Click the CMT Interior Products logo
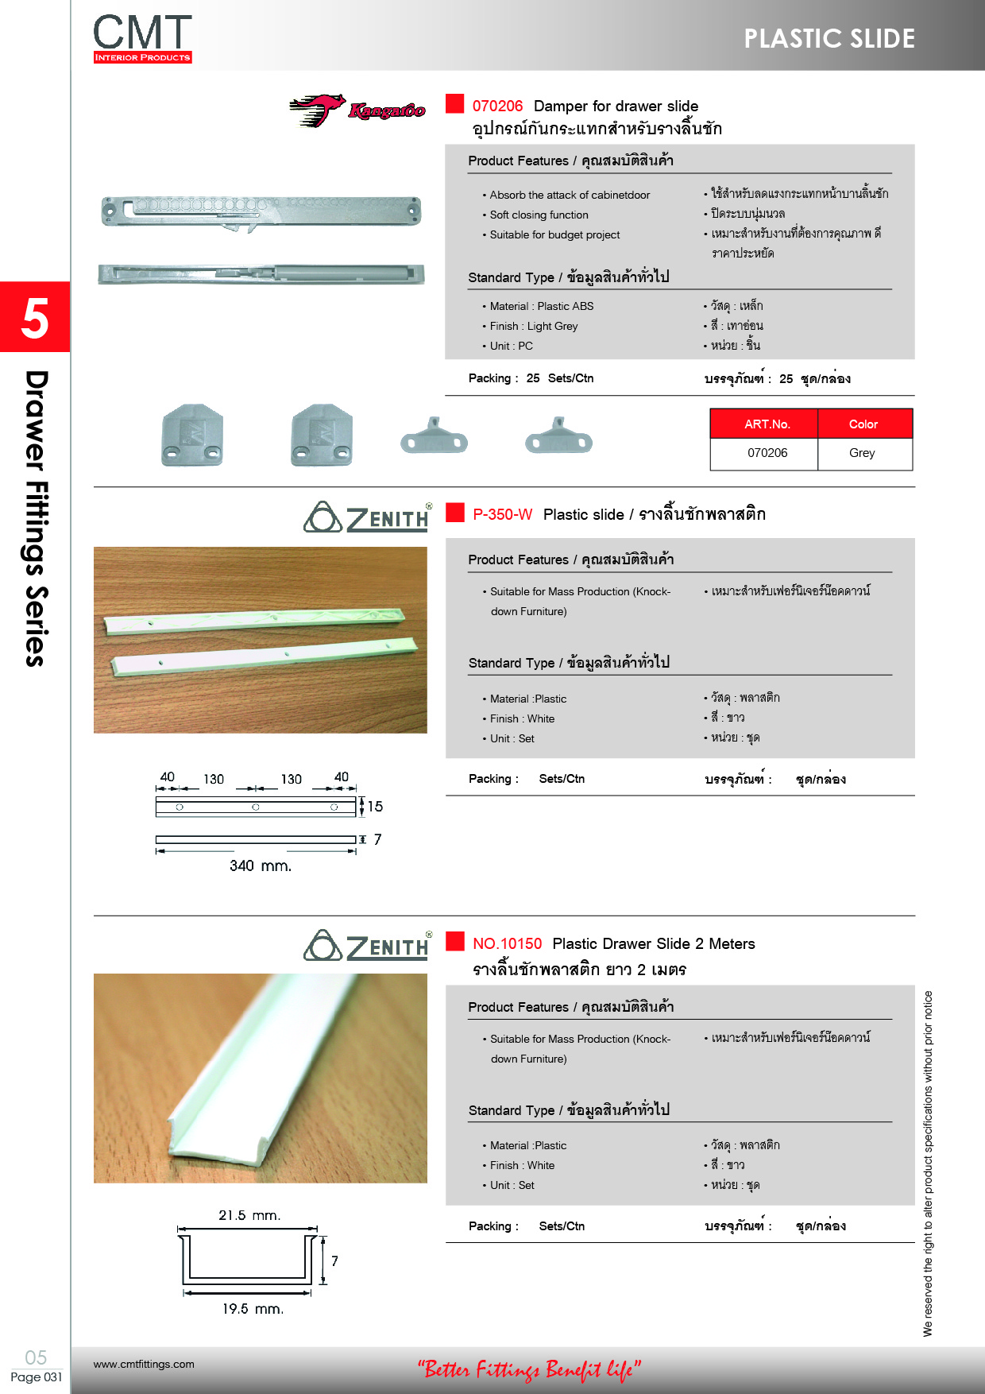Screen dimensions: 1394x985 click(143, 38)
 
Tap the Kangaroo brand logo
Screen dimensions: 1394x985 click(357, 110)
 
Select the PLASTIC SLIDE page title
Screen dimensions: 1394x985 click(829, 39)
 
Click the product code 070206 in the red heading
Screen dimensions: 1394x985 click(497, 106)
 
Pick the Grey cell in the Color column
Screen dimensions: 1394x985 click(862, 453)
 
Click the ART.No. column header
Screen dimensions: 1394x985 click(767, 424)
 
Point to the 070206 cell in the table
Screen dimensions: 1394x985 click(767, 453)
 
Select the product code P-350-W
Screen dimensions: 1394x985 click(502, 515)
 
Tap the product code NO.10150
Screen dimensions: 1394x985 click(507, 944)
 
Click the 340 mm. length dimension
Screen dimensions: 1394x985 click(260, 866)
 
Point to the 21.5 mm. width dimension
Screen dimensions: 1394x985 click(249, 1216)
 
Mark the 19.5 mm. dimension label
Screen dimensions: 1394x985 click(253, 1309)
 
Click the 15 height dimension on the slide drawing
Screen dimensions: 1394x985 click(375, 807)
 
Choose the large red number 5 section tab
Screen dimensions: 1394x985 click(35, 317)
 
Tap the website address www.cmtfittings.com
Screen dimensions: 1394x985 click(144, 1365)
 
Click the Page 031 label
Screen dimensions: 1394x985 click(36, 1377)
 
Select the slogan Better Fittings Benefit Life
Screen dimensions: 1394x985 click(529, 1369)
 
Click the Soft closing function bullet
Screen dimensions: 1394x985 click(539, 215)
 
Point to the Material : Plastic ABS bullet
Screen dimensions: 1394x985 click(541, 307)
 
